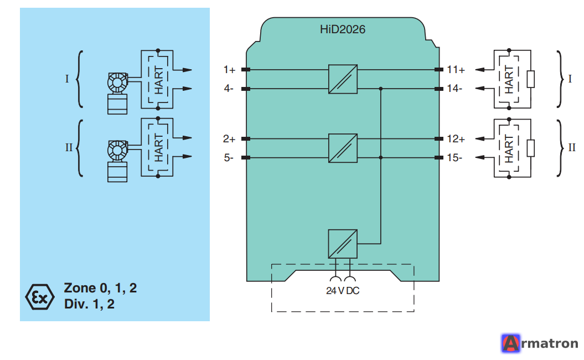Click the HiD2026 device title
pyautogui.click(x=342, y=29)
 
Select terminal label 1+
pyautogui.click(x=229, y=70)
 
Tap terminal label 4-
pyautogui.click(x=228, y=89)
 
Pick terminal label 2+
pyautogui.click(x=229, y=139)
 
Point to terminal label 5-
pyautogui.click(x=228, y=158)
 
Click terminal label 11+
pyautogui.click(x=456, y=70)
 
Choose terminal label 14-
pyautogui.click(x=454, y=89)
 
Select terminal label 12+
pyautogui.click(x=456, y=139)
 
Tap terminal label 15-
pyautogui.click(x=454, y=158)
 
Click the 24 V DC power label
pyautogui.click(x=343, y=291)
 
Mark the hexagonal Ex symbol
pyautogui.click(x=40, y=297)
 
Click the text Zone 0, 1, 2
pyautogui.click(x=100, y=288)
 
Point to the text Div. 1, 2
pyautogui.click(x=89, y=304)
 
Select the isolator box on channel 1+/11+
pyautogui.click(x=343, y=79)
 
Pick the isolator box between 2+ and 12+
pyautogui.click(x=343, y=148)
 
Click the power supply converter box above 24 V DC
pyautogui.click(x=343, y=244)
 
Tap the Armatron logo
pyautogui.click(x=540, y=343)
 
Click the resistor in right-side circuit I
pyautogui.click(x=531, y=79)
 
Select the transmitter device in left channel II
pyautogui.click(x=118, y=161)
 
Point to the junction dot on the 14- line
pyautogui.click(x=381, y=89)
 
